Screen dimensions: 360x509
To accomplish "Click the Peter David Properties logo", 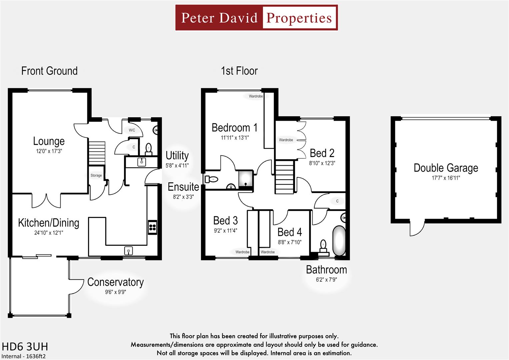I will click(256, 18).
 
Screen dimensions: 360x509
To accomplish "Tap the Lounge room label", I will click(49, 141).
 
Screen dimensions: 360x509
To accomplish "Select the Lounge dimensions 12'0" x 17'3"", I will click(49, 151).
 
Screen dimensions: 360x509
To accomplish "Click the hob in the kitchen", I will click(152, 227).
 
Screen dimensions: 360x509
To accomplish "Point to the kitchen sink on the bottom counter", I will click(128, 250).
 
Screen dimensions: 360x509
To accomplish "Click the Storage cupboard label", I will click(96, 176).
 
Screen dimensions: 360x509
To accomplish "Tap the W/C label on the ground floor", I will click(132, 130).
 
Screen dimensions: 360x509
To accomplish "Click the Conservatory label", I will click(115, 282).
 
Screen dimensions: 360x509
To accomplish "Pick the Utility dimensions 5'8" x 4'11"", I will click(177, 165).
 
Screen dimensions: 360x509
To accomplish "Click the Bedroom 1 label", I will click(234, 128).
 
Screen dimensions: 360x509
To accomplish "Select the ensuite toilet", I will click(212, 179).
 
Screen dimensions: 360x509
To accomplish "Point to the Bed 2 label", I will click(322, 153).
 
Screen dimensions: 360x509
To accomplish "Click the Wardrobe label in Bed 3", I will click(242, 252).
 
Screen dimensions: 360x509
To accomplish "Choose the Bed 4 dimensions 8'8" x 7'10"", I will click(289, 242).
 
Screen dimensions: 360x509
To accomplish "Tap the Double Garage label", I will click(446, 168).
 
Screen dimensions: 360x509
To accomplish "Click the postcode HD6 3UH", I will click(25, 347).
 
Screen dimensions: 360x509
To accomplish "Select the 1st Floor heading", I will click(239, 71).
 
